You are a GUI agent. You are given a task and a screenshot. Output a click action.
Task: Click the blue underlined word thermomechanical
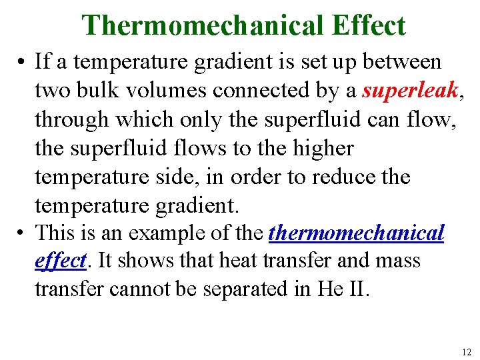(356, 233)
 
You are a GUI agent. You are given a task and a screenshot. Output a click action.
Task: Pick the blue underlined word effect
(60, 261)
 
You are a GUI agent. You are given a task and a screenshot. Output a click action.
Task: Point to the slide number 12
(465, 351)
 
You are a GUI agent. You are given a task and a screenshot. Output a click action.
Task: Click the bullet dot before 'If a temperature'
(23, 62)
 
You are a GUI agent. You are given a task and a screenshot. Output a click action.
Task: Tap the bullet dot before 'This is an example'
(23, 234)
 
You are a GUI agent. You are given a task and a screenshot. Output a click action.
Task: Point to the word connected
(263, 90)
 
